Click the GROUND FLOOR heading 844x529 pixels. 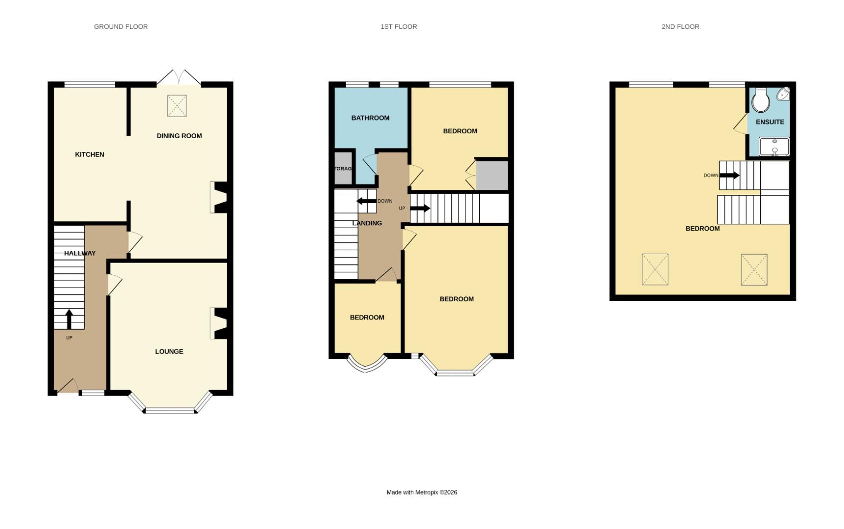(121, 26)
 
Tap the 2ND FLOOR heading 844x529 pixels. (680, 26)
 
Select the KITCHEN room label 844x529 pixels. (90, 154)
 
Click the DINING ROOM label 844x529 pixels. (179, 136)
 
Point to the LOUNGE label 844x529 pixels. (169, 351)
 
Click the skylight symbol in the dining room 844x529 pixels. (177, 106)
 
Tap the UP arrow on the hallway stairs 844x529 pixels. (69, 319)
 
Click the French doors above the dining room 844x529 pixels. (179, 78)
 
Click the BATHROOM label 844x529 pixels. (370, 118)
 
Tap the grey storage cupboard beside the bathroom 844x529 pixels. (343, 168)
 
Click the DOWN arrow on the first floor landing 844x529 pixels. (366, 201)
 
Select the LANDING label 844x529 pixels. (367, 223)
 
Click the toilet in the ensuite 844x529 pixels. (760, 100)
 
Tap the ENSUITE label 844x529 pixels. (770, 122)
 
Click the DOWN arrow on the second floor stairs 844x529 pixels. (729, 175)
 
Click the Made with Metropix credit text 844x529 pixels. (422, 492)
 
